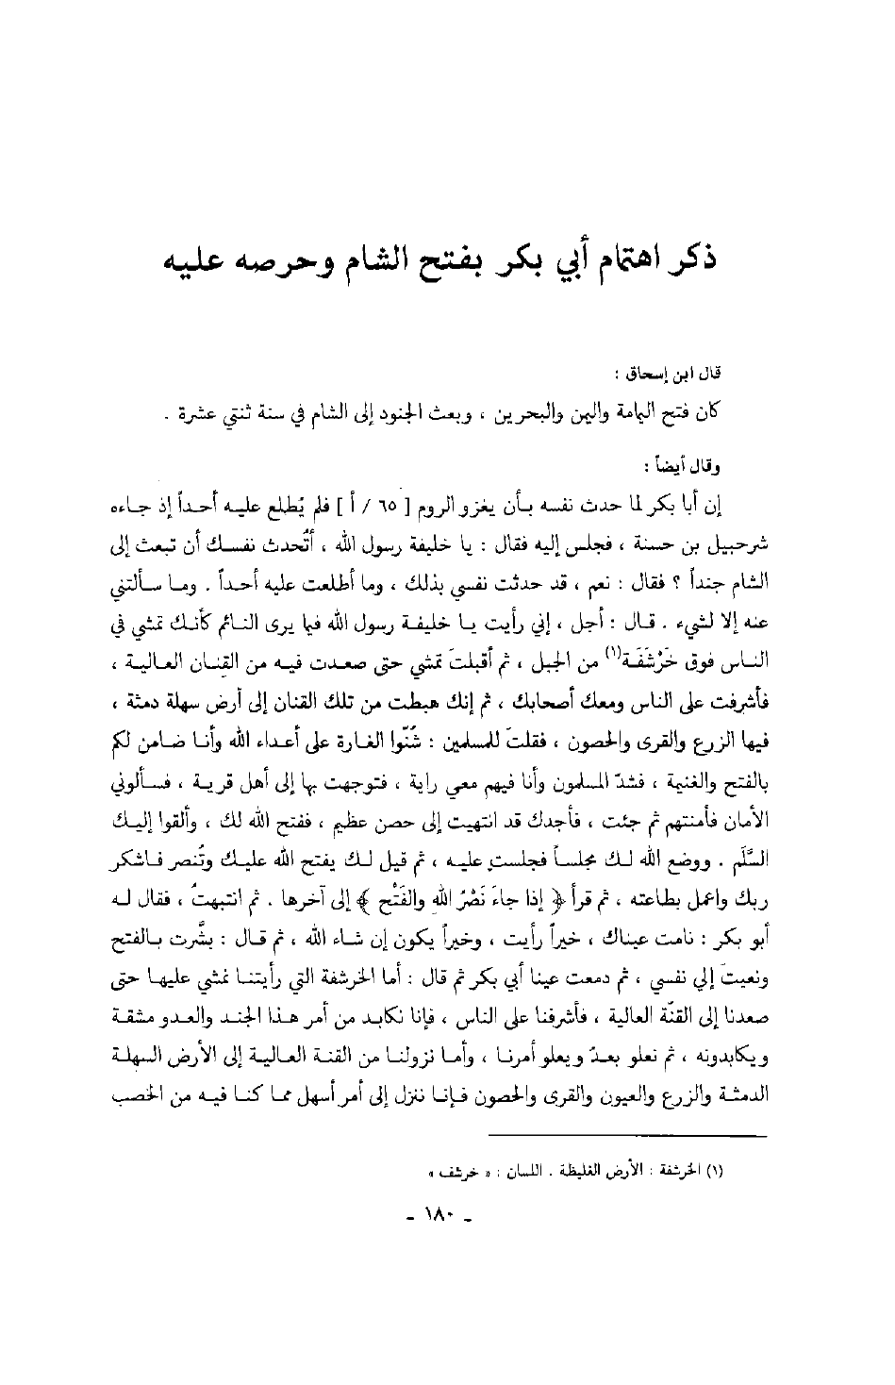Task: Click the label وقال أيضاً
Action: (x=739, y=463)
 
